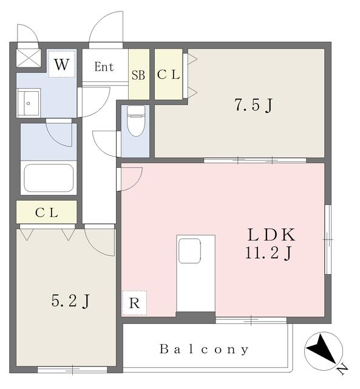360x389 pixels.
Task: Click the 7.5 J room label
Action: pyautogui.click(x=254, y=105)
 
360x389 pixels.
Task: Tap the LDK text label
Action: pyautogui.click(x=271, y=235)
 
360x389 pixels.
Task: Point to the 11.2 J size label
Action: pyautogui.click(x=268, y=253)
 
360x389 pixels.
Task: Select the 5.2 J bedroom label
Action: pyautogui.click(x=70, y=301)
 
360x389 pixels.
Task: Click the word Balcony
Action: pyautogui.click(x=204, y=349)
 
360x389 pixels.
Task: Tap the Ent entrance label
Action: pyautogui.click(x=104, y=67)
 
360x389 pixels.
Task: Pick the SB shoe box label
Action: pyautogui.click(x=138, y=75)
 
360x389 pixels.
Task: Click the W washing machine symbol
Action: pyautogui.click(x=61, y=64)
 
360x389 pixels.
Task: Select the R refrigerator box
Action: pyautogui.click(x=134, y=303)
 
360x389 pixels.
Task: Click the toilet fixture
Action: pyautogui.click(x=136, y=121)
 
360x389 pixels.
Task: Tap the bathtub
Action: pyautogui.click(x=49, y=178)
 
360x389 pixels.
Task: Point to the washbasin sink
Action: pyautogui.click(x=29, y=103)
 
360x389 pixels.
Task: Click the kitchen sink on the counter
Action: pyautogui.click(x=189, y=251)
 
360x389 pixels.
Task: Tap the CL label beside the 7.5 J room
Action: pyautogui.click(x=169, y=75)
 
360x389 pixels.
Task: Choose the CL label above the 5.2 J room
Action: pyautogui.click(x=46, y=213)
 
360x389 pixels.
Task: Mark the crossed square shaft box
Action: pyautogui.click(x=29, y=58)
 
